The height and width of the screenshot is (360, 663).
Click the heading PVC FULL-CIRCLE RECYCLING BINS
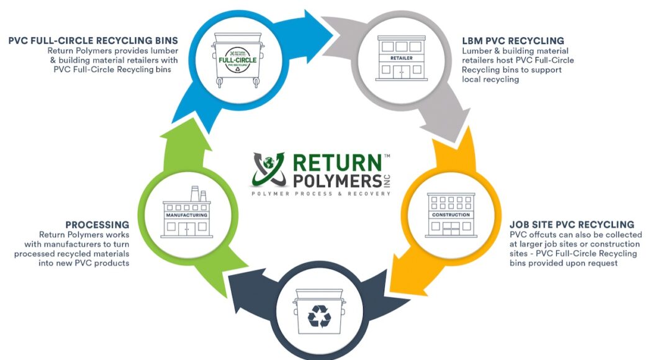pos(93,41)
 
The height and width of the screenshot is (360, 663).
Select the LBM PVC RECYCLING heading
pos(513,41)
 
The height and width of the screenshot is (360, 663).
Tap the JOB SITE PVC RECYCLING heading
pos(572,225)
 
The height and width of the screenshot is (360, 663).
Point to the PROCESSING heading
pos(97,225)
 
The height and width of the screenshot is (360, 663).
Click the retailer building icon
pos(401,57)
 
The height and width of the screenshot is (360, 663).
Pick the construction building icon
pos(451,215)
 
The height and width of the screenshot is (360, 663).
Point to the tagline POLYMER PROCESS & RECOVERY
pos(321,194)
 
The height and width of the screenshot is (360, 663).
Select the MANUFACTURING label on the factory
pos(186,215)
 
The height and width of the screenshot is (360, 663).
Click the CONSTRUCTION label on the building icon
pos(451,215)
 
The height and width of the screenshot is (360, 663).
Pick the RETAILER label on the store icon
pos(401,58)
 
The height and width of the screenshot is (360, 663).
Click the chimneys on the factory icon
pos(199,194)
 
